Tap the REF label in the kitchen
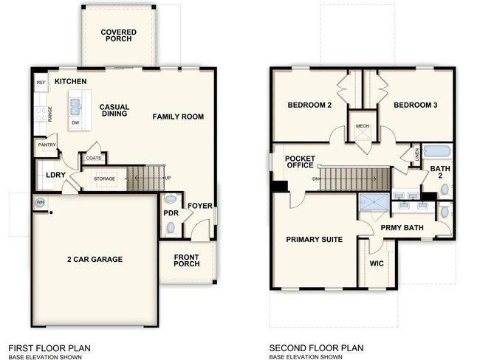[41, 83]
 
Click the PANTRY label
[47, 145]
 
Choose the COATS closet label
[94, 158]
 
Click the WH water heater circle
[39, 202]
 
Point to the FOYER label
[201, 205]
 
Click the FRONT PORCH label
[188, 263]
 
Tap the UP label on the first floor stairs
[168, 179]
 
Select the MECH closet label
[362, 126]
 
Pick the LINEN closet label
[417, 155]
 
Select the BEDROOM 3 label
[415, 105]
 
